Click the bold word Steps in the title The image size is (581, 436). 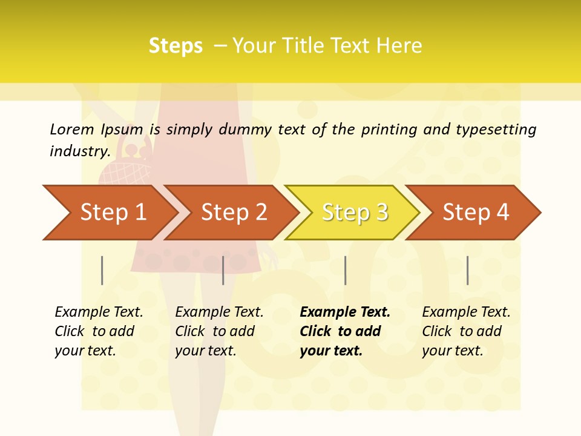tap(176, 46)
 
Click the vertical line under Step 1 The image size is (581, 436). tap(102, 270)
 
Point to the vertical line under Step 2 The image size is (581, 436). tap(223, 270)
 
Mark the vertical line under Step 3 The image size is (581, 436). tap(345, 270)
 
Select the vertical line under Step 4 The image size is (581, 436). tap(467, 270)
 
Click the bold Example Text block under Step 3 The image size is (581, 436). tap(345, 331)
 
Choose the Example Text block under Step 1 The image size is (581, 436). tap(99, 331)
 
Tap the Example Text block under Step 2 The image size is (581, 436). tap(219, 331)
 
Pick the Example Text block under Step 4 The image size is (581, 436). tap(466, 331)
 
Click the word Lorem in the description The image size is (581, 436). tap(72, 129)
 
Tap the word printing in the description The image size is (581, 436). tap(389, 130)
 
